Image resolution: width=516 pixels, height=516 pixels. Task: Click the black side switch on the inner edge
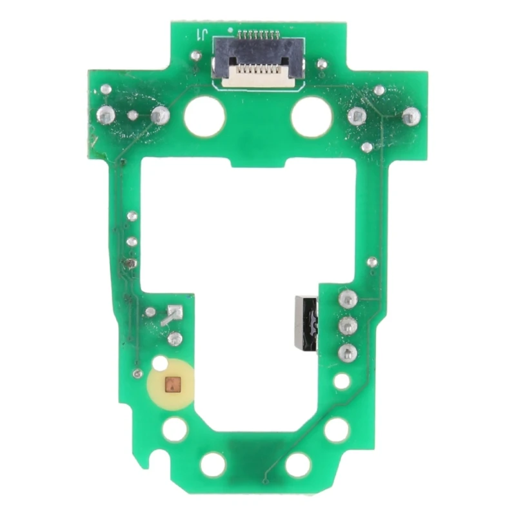306,323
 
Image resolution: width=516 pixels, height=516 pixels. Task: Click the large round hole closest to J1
204,116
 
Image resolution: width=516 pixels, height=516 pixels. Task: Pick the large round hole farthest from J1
298,464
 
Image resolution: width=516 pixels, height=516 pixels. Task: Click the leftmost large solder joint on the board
106,115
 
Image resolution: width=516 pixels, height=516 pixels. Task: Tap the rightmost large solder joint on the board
411,116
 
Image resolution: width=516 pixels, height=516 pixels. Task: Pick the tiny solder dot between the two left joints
133,116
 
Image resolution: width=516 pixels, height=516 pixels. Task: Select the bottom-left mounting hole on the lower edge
213,464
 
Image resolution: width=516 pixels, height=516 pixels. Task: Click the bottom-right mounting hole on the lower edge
298,464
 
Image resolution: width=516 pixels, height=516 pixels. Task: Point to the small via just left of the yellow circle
137,374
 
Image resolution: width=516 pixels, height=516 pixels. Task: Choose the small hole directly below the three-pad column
342,381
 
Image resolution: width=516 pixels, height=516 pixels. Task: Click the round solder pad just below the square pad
175,337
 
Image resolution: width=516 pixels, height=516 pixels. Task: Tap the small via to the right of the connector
321,63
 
